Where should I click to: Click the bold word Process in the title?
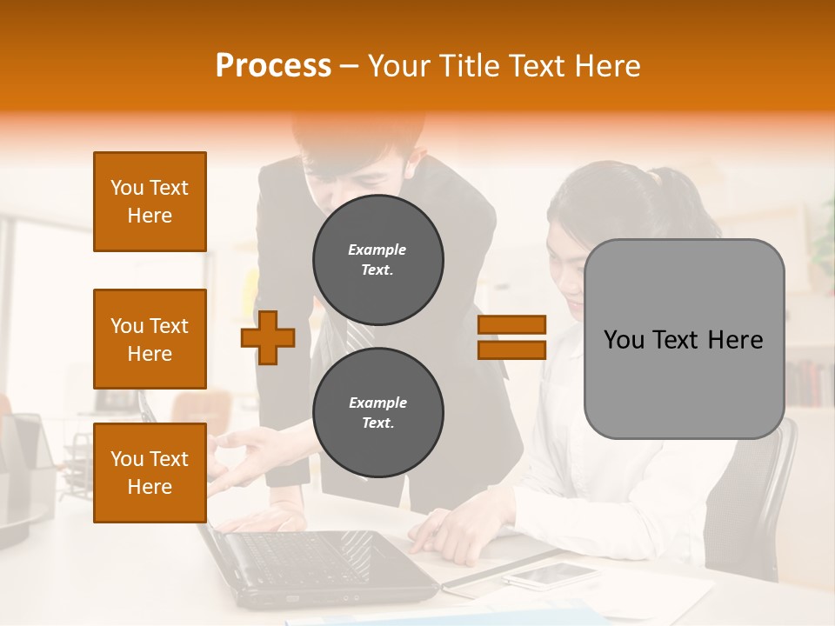[x=273, y=66]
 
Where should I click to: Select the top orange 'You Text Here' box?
[x=150, y=202]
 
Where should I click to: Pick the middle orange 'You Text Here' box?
[x=150, y=339]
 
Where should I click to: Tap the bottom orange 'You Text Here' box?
[x=150, y=472]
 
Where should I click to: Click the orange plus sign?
[x=268, y=336]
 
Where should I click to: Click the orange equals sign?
[x=511, y=337]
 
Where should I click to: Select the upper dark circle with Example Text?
[x=378, y=260]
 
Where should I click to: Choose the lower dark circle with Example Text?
[x=378, y=412]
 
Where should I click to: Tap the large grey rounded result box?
[x=684, y=339]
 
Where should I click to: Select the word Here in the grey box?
[x=736, y=340]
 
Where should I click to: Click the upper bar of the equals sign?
[x=511, y=325]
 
